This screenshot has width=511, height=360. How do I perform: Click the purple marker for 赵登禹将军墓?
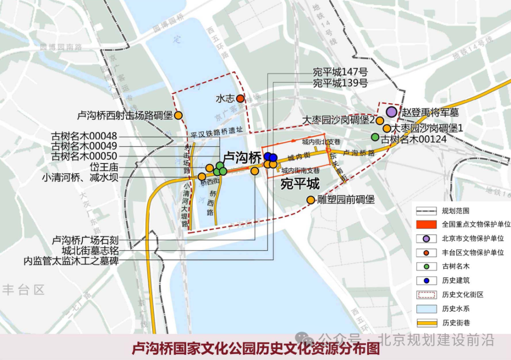coord(391,112)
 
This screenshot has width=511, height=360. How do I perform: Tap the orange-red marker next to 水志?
coord(240,98)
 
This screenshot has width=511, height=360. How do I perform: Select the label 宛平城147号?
coord(340,72)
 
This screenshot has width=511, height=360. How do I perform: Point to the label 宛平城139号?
coord(340,83)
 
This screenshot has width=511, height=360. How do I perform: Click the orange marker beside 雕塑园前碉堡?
coord(311,200)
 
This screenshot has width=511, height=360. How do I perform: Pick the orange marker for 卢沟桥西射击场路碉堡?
coord(178,115)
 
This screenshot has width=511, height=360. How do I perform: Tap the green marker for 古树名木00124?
coord(375,137)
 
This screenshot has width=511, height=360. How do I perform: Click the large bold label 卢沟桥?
coord(242,157)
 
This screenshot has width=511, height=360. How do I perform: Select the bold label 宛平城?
coord(300,184)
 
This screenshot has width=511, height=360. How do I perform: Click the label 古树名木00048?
coord(84,136)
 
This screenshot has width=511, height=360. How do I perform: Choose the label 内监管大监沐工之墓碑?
coord(71,261)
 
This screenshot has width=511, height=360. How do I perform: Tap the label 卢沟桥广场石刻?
coord(85,240)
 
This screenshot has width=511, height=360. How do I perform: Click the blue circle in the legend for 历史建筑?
coord(426,281)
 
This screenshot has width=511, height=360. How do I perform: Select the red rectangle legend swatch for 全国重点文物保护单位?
coord(426,225)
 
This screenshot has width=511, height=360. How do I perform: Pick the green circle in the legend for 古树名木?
coord(426,267)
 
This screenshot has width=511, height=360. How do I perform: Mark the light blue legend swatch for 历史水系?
coord(426,309)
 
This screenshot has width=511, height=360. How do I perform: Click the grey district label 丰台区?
coord(23,290)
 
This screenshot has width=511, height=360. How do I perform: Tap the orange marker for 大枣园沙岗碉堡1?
coord(387,128)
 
